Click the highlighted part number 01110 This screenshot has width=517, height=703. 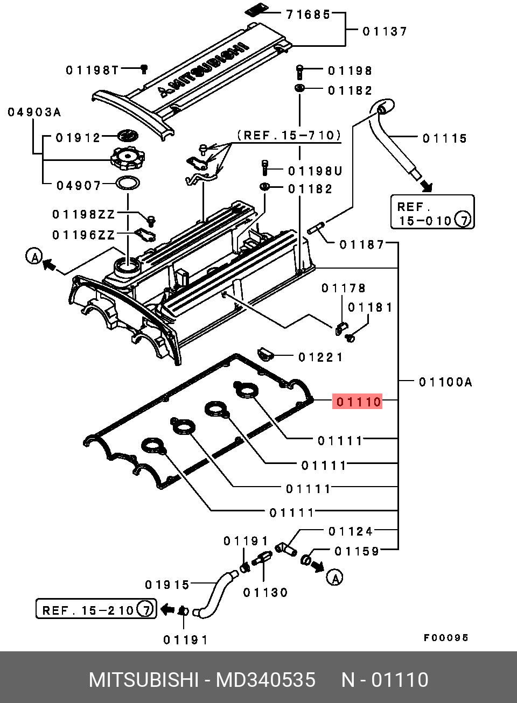357,402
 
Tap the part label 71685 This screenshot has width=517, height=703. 308,15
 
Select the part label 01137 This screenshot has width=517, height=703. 385,31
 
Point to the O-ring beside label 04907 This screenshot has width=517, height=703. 128,183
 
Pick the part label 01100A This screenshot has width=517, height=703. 445,382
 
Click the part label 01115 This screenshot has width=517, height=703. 445,138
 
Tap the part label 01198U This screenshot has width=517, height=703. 315,171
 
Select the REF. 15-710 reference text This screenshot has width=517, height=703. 289,135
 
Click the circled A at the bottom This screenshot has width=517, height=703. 334,578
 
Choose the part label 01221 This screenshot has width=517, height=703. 320,357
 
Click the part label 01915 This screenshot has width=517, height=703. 167,585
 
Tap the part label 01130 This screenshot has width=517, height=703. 266,593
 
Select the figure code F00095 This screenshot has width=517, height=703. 446,638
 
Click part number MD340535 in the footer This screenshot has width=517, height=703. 266,680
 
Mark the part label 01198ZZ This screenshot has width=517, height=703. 83,215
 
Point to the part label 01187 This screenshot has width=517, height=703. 362,244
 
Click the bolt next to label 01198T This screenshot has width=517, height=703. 144,69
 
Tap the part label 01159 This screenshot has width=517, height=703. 357,551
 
